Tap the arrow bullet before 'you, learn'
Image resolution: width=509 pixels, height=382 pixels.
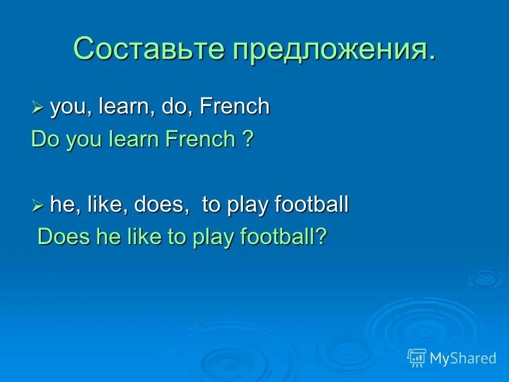tap(37, 108)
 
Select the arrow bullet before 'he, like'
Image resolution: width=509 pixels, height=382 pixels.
tap(37, 205)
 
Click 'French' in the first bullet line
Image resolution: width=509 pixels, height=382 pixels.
tap(235, 107)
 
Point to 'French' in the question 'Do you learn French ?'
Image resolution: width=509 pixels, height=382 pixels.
tap(200, 140)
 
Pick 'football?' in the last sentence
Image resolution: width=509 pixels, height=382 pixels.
tap(288, 238)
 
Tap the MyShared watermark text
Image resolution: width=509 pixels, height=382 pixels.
tap(463, 358)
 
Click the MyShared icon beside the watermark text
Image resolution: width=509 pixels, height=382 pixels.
tap(417, 358)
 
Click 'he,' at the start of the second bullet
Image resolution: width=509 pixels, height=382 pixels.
tap(64, 205)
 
